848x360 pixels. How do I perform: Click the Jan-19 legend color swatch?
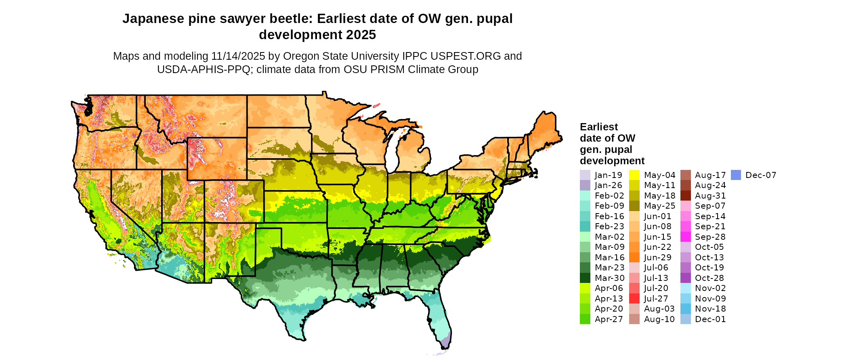pyautogui.click(x=585, y=175)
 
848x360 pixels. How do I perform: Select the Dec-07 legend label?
pyautogui.click(x=761, y=175)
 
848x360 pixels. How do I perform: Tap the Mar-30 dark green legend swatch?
pyautogui.click(x=585, y=278)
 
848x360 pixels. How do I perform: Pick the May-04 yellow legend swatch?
pyautogui.click(x=634, y=175)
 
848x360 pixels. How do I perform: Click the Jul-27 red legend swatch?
pyautogui.click(x=634, y=299)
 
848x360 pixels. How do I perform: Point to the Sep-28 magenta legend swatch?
pyautogui.click(x=686, y=237)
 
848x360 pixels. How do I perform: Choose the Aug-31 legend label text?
pyautogui.click(x=710, y=196)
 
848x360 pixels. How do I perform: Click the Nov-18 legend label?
pyautogui.click(x=710, y=309)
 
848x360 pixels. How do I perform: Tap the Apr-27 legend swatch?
pyautogui.click(x=585, y=319)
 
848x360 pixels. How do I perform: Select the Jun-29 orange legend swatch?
pyautogui.click(x=634, y=257)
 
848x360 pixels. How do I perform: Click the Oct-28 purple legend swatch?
pyautogui.click(x=686, y=278)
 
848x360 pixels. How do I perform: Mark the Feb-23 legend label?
pyautogui.click(x=609, y=226)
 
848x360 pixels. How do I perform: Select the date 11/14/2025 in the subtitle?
pyautogui.click(x=238, y=56)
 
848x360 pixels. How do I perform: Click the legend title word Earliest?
pyautogui.click(x=599, y=127)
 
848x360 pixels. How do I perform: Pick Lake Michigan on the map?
pyautogui.click(x=391, y=151)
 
